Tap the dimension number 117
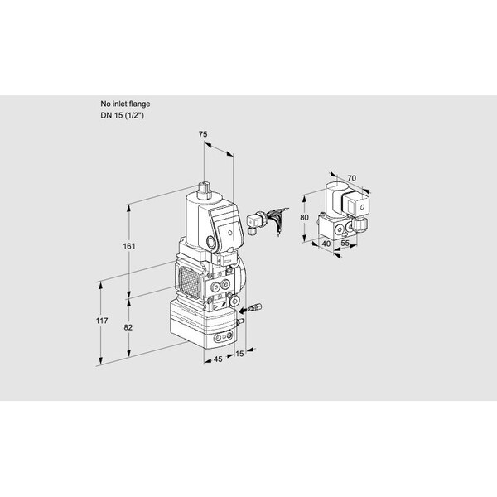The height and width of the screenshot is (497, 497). pos(100,321)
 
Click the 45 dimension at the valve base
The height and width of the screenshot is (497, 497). pos(217,359)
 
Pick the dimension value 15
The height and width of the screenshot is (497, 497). pos(239,355)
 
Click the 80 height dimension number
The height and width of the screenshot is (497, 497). pos(305,218)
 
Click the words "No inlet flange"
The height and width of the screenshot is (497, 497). pos(124,104)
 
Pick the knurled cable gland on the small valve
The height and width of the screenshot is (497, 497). pos(361,225)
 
